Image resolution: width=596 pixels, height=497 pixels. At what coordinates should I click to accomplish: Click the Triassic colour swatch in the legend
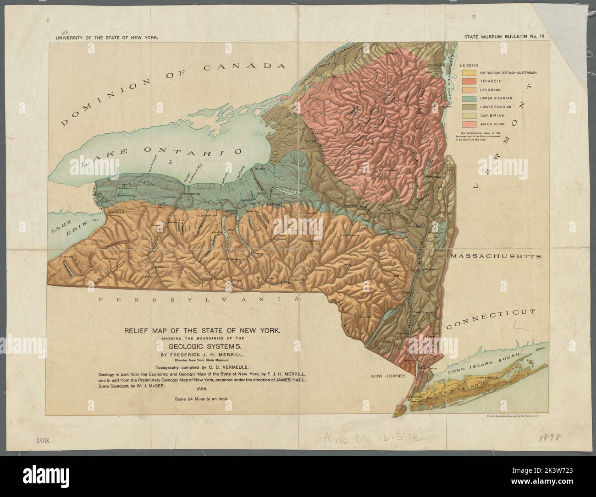pos(469,82)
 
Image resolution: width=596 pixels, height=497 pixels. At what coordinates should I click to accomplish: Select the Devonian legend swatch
pos(469,90)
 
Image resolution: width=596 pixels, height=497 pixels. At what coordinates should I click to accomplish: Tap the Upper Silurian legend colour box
pos(469,98)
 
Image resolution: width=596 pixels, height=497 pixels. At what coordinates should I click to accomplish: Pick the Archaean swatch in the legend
pos(469,124)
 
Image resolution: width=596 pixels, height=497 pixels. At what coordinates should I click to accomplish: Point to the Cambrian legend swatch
pos(469,115)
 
